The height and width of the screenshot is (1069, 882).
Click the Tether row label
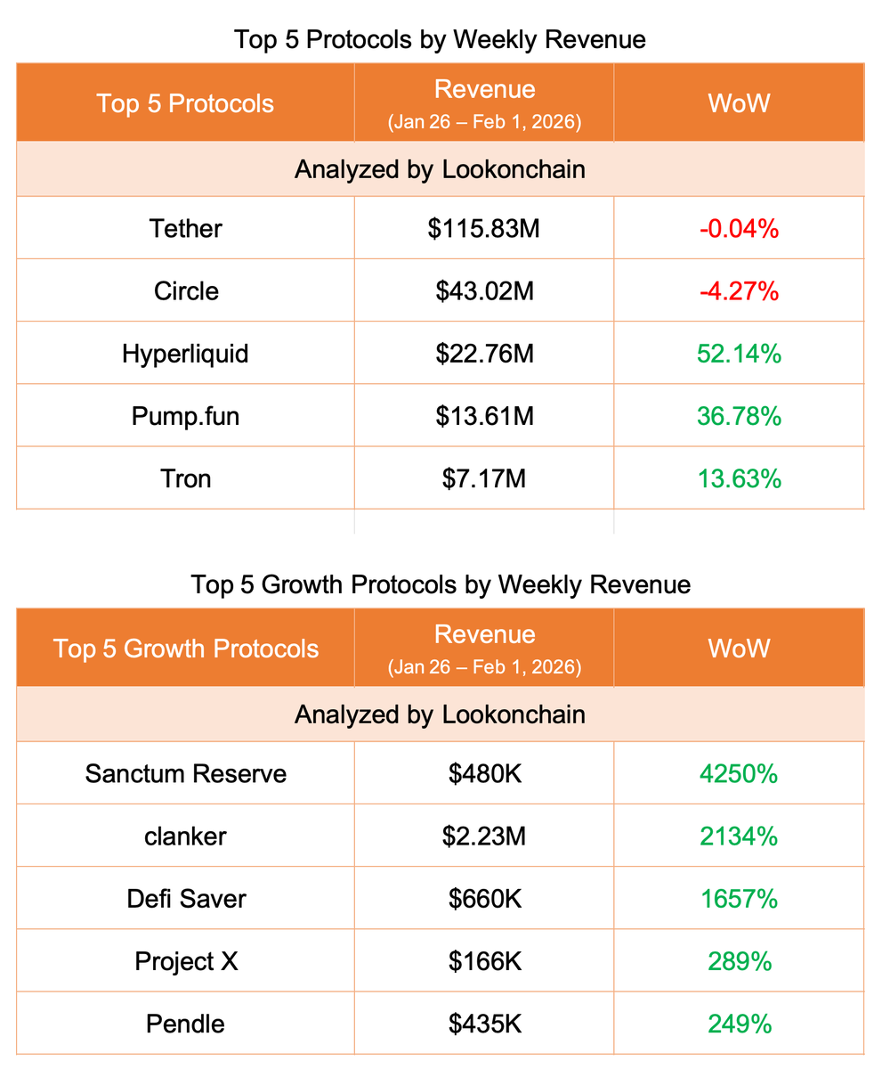185,228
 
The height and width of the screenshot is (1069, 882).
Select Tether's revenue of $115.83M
484,228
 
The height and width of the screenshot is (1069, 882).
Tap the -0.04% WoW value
739,228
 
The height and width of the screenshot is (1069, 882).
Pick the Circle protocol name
185,290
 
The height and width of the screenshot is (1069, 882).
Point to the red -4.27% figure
739,290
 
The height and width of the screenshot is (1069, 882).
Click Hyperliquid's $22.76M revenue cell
484,354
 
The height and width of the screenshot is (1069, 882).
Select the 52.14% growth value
739,354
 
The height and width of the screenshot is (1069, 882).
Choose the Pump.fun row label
185,415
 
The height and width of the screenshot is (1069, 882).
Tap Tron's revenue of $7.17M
484,478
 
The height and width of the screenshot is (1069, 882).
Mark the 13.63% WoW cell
739,478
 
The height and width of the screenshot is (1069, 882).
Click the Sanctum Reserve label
185,773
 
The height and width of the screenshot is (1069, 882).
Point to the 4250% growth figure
739,773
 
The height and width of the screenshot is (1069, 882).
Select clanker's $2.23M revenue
484,836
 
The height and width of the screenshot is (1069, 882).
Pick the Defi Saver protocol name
185,899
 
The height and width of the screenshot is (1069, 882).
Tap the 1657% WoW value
739,899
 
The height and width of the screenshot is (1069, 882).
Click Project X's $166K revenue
484,961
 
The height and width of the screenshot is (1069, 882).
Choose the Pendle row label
185,1024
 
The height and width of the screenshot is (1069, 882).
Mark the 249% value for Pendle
739,1024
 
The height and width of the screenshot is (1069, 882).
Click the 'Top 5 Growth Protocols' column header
185,648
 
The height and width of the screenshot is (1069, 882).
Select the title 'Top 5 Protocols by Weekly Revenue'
440,39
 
